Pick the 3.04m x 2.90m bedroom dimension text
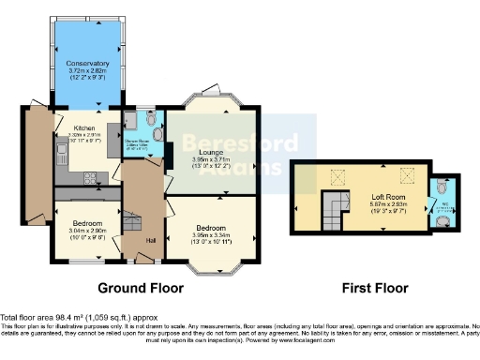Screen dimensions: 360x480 85,230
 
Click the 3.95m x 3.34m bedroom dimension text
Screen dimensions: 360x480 211,234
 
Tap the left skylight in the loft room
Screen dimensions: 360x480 337,173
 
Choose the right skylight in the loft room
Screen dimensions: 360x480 406,173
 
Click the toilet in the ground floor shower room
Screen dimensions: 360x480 157,136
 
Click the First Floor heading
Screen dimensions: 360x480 372,287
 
